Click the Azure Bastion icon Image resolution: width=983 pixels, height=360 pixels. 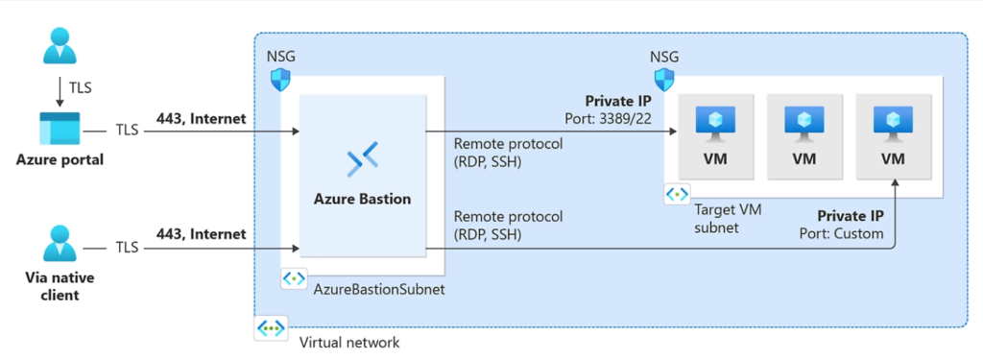tap(362, 159)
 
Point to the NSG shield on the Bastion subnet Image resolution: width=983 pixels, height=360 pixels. tap(279, 79)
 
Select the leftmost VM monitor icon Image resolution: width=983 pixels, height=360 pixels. tap(715, 122)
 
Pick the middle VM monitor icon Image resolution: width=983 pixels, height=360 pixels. tap(803, 122)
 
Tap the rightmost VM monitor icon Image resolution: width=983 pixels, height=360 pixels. tap(893, 122)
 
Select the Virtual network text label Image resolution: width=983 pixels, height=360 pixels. tap(348, 342)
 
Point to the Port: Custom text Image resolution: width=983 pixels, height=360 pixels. tap(841, 233)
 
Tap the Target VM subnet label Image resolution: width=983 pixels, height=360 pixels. tap(727, 217)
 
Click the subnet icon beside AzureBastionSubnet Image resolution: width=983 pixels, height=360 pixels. tap(293, 279)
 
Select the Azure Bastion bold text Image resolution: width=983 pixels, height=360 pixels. tap(362, 200)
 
